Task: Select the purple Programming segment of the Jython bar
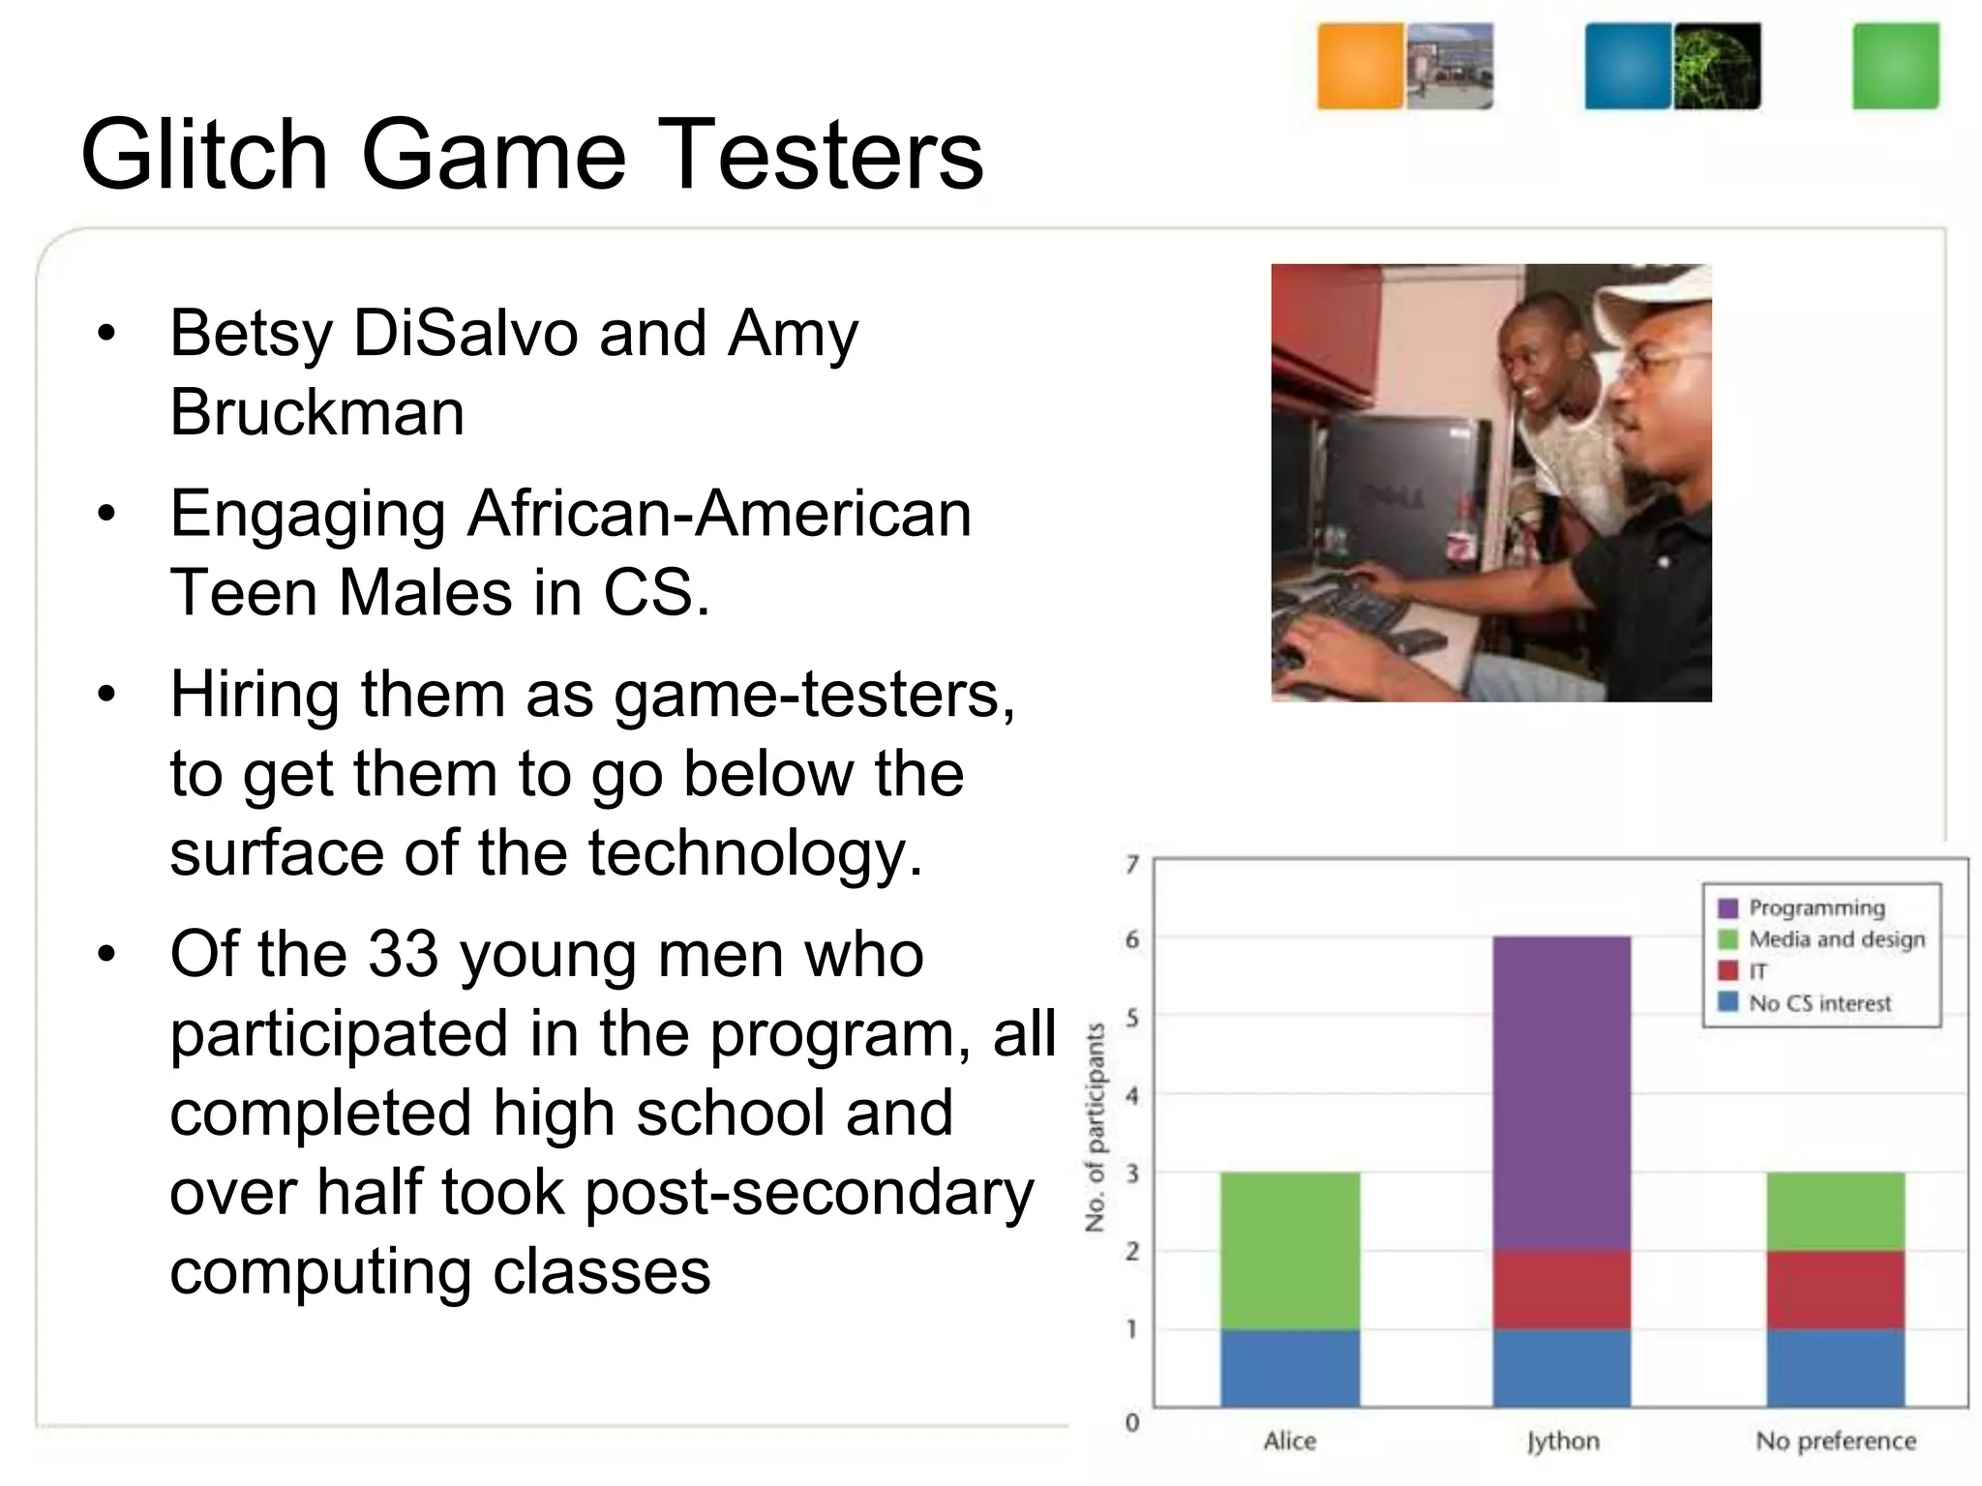1561,1092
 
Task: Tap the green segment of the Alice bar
1290,1250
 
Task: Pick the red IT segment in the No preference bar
1835,1289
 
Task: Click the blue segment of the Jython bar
1561,1367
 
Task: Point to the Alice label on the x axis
1290,1441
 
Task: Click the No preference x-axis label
1836,1441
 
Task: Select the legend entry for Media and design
1836,939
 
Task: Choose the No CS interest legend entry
1818,1003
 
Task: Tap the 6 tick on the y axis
1132,939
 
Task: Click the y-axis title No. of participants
1096,1127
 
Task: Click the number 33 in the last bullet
404,954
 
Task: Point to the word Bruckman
316,412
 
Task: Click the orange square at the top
1360,66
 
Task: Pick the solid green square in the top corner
1896,66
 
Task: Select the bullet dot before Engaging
106,514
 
